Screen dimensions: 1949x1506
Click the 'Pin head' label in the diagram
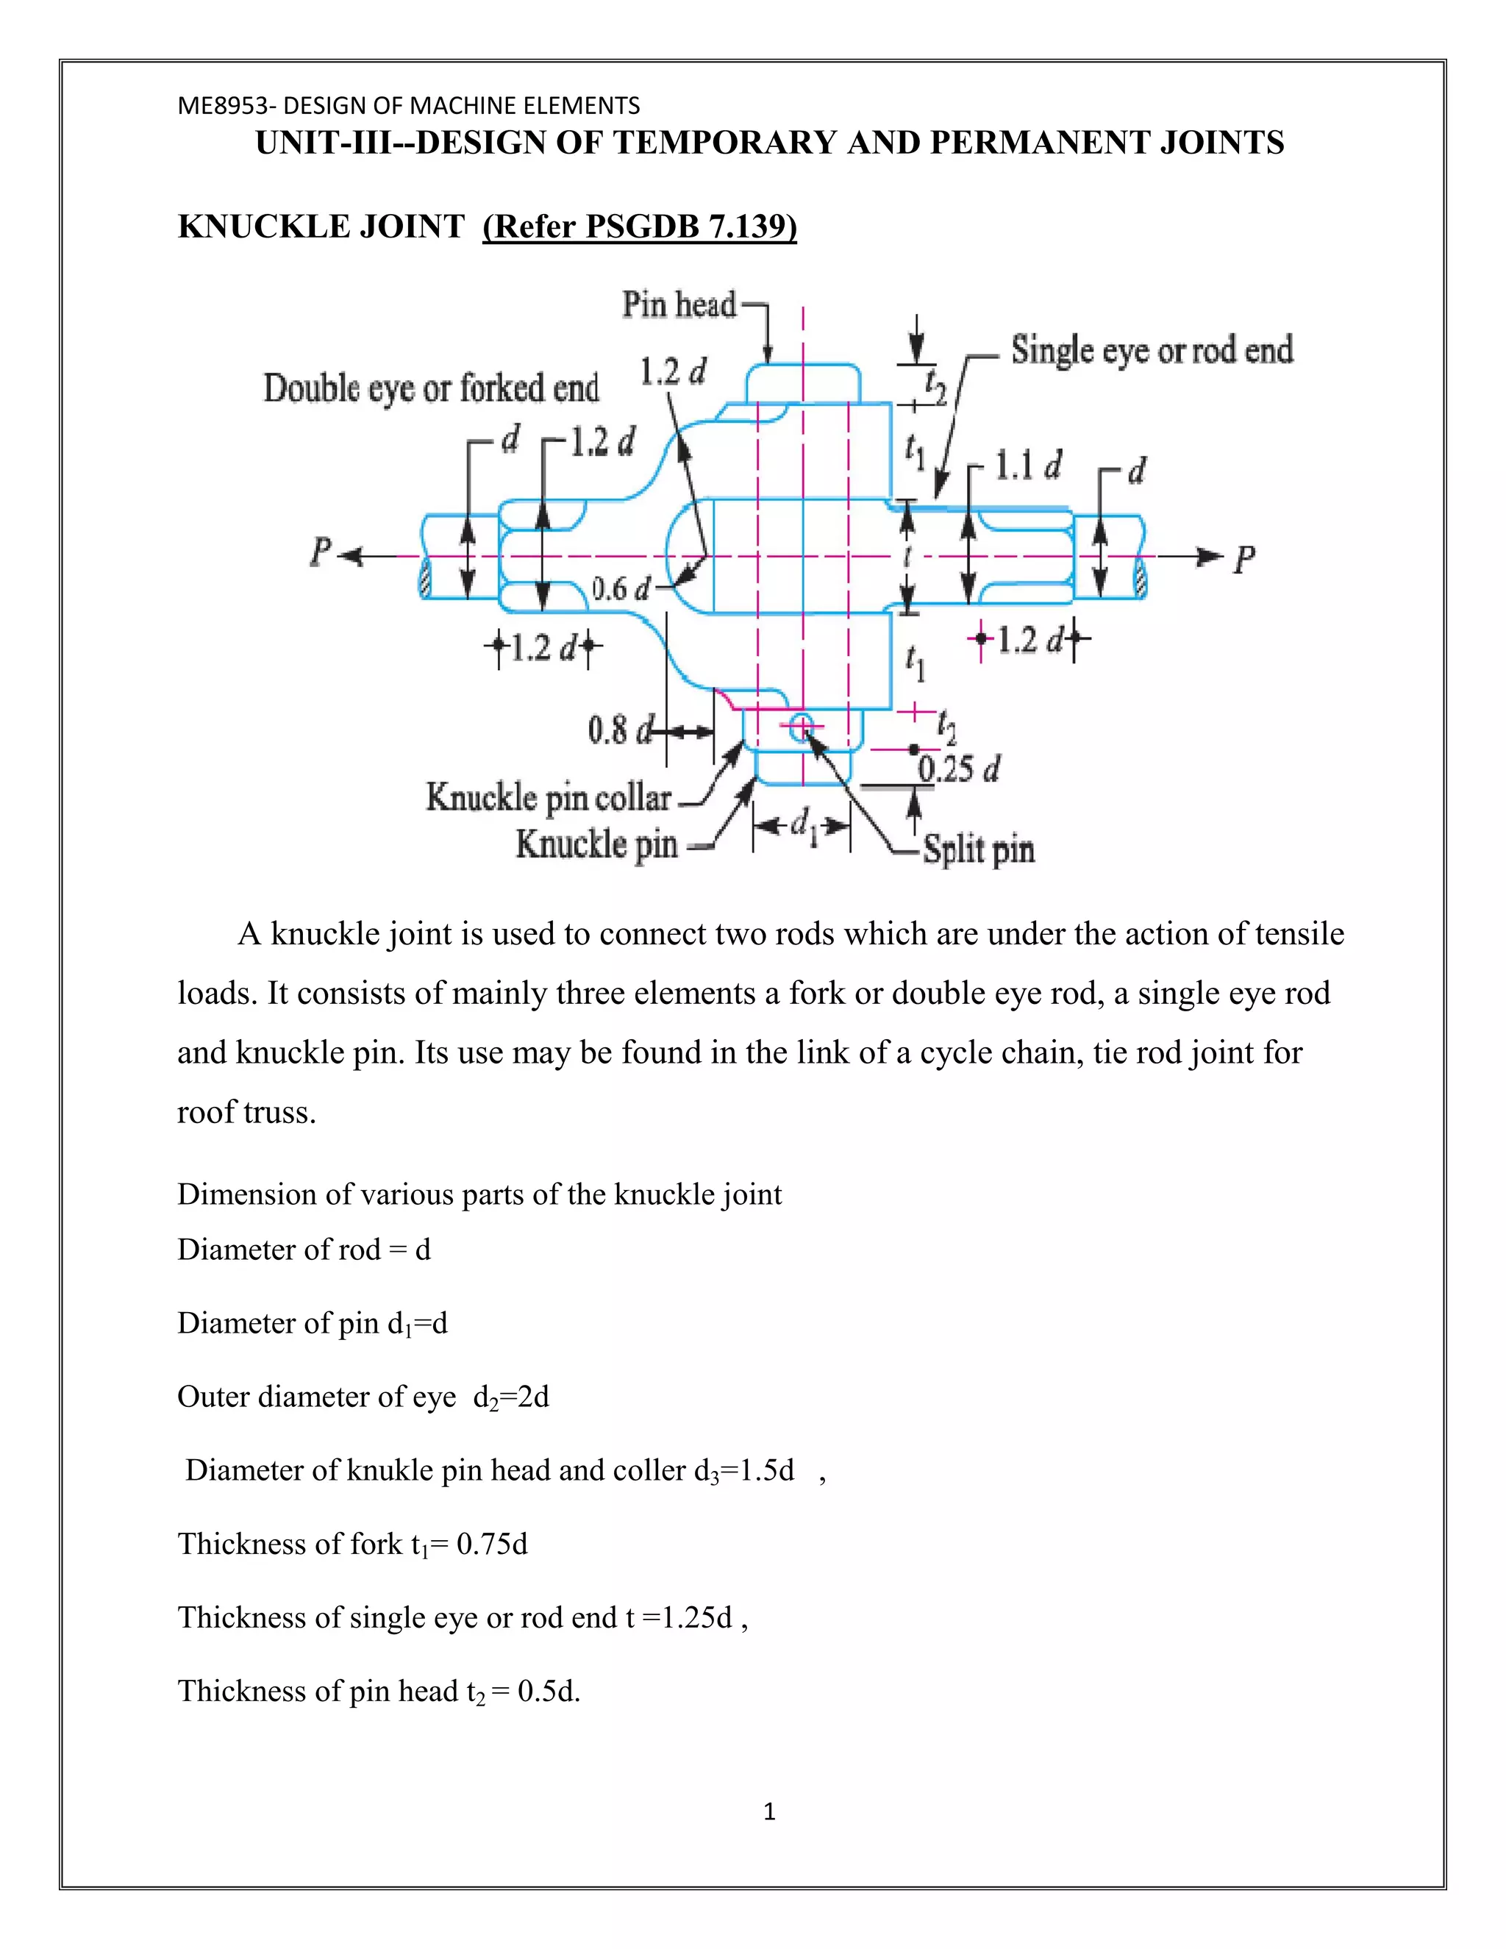coord(679,305)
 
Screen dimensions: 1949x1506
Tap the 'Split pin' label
coord(979,849)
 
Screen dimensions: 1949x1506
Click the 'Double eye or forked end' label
coord(431,388)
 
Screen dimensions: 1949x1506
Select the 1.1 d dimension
coord(1028,466)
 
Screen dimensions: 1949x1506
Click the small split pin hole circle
coord(802,727)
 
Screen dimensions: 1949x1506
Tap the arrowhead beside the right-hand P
coord(1210,557)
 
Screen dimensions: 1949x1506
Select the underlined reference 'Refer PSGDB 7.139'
coord(639,227)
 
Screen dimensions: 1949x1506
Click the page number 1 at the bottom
coord(769,1811)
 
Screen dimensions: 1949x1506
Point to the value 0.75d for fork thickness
coord(492,1543)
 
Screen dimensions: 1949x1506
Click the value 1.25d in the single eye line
coord(695,1617)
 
